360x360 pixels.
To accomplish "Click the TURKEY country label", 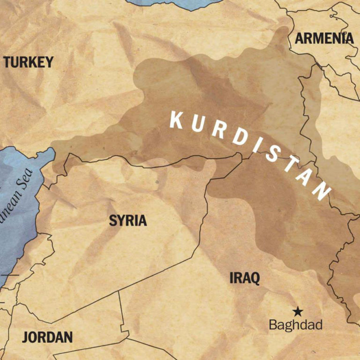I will (29, 62).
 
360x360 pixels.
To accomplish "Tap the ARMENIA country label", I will (324, 39).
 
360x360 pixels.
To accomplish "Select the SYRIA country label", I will (128, 221).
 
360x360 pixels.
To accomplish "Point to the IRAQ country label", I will (244, 278).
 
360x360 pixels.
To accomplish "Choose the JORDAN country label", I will (47, 337).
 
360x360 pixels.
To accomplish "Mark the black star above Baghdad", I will (297, 311).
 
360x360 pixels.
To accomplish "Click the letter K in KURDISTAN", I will (177, 120).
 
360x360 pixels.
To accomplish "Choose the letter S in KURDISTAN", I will (271, 157).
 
